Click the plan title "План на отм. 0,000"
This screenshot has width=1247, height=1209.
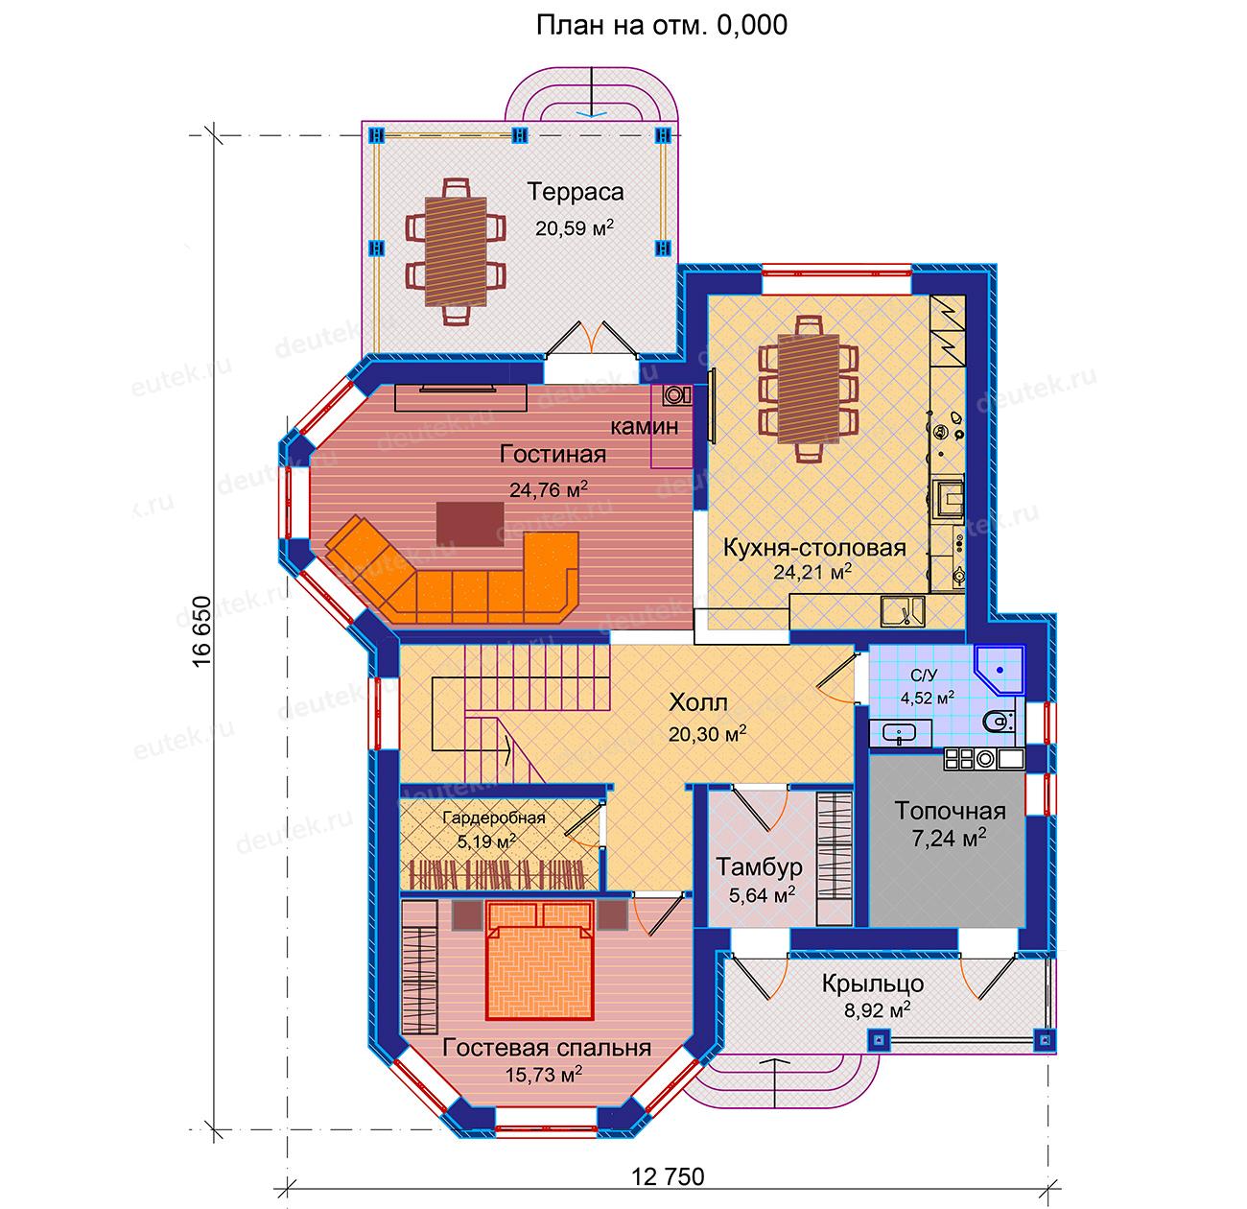point(661,26)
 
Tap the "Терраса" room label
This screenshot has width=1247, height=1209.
point(575,192)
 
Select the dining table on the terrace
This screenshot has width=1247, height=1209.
point(456,252)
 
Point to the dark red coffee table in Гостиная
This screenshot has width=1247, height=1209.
point(470,524)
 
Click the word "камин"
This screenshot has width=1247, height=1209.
point(644,426)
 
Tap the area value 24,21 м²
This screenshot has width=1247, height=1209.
point(812,571)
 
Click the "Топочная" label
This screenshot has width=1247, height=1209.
point(951,811)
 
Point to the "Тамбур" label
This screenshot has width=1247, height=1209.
point(760,866)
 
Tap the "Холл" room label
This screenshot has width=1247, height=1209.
point(697,702)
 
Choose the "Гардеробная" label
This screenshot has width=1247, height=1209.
point(494,818)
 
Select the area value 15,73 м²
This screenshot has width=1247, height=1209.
point(543,1073)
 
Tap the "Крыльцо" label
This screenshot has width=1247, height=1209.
point(873,984)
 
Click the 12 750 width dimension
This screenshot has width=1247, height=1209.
point(668,1177)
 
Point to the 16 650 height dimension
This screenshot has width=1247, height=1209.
point(201,632)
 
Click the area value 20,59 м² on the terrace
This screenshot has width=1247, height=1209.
point(575,227)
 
